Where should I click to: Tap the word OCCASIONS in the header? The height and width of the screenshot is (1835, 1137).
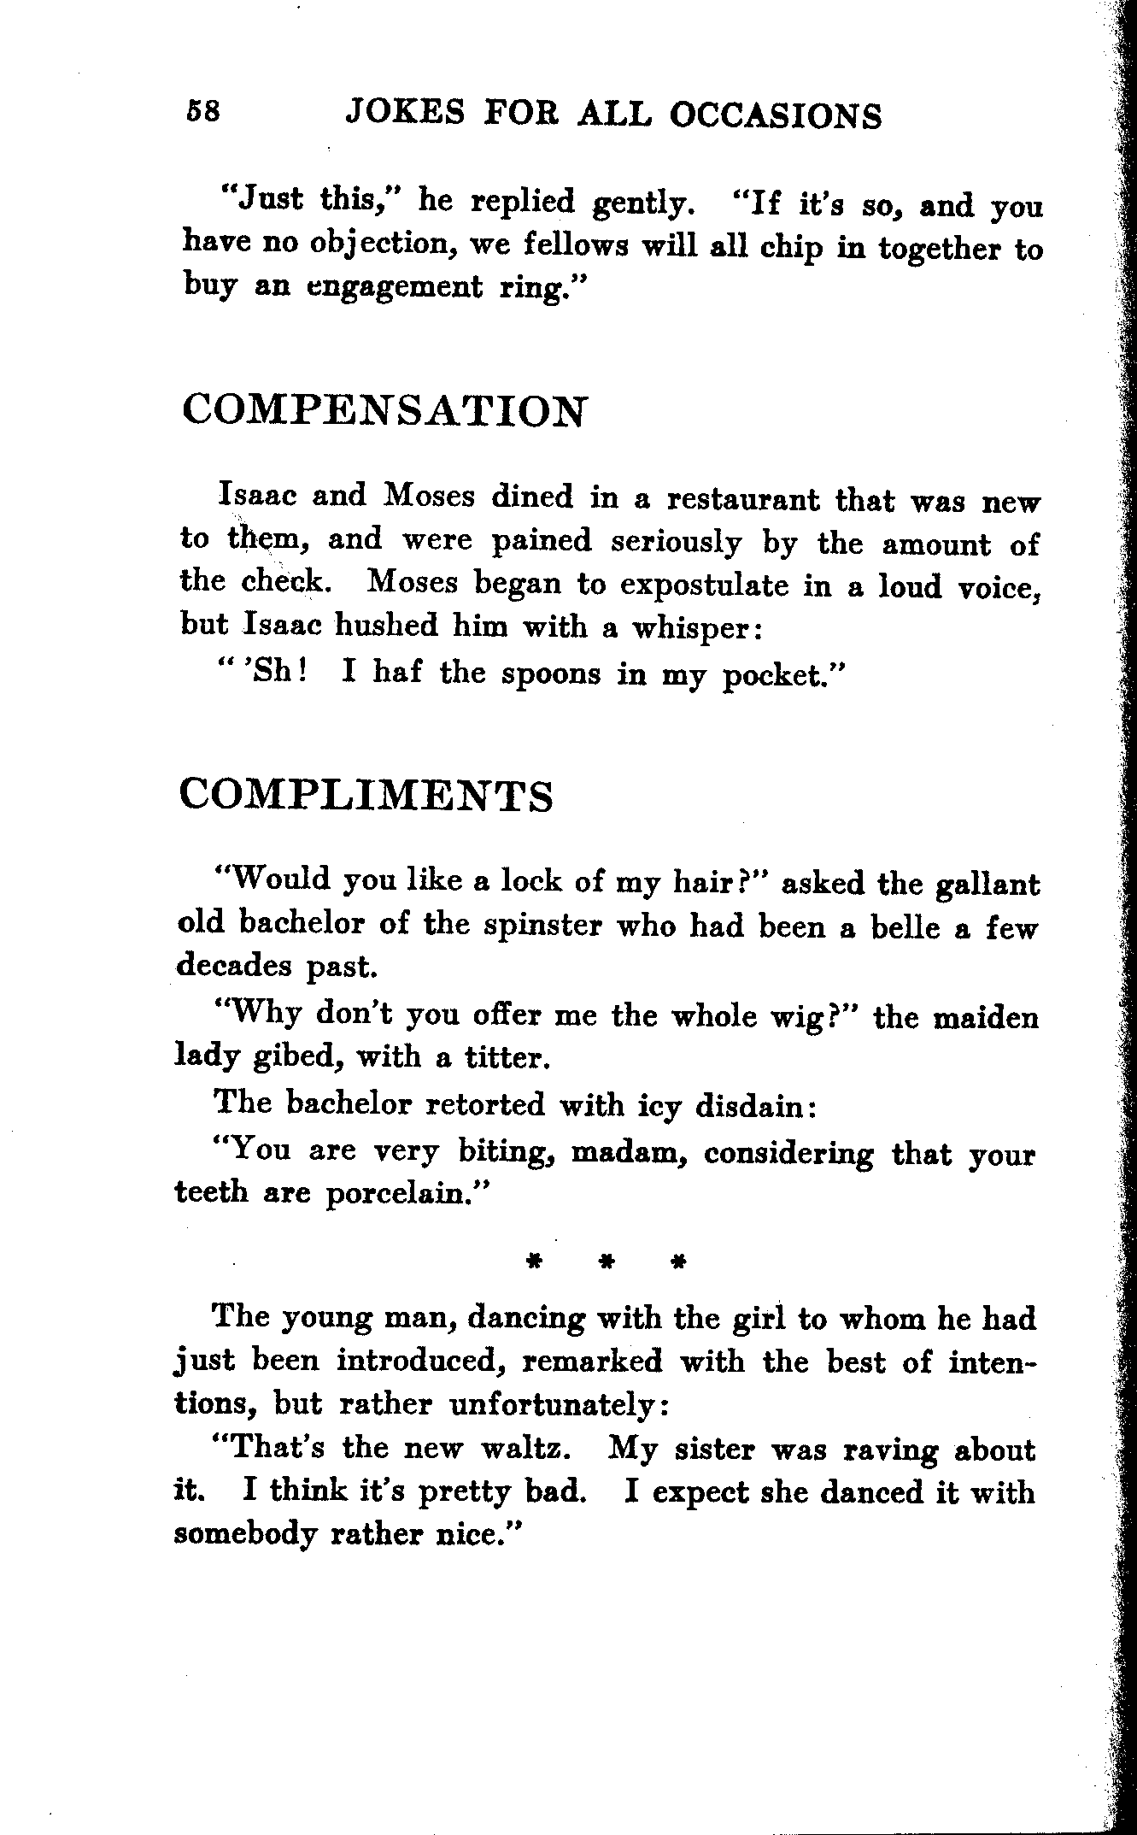click(x=775, y=115)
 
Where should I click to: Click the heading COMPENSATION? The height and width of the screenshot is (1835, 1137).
click(x=384, y=410)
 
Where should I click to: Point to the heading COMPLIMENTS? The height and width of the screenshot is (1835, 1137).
click(x=366, y=795)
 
